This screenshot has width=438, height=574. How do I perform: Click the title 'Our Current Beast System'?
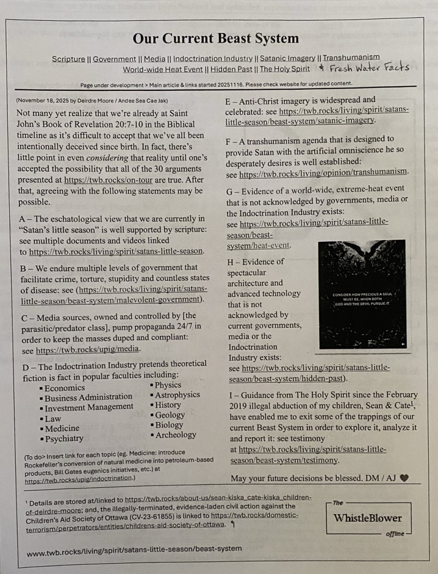[x=216, y=38]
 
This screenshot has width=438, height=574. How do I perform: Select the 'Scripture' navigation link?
[x=68, y=59]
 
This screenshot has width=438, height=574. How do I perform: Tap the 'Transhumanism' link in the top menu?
[x=351, y=58]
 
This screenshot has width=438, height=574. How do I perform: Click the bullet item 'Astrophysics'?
[x=177, y=395]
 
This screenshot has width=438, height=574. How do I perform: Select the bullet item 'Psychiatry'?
[x=64, y=438]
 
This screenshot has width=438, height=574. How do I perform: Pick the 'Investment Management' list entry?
[x=89, y=407]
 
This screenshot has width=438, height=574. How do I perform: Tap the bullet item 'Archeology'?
[x=175, y=435]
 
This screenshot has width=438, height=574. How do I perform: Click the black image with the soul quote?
[x=361, y=294]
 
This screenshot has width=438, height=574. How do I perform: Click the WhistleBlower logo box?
[x=367, y=518]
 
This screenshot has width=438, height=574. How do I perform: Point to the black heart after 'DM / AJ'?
[x=404, y=478]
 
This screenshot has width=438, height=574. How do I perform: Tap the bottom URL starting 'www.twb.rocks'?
[x=134, y=549]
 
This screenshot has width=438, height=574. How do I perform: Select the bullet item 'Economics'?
[x=65, y=388]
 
